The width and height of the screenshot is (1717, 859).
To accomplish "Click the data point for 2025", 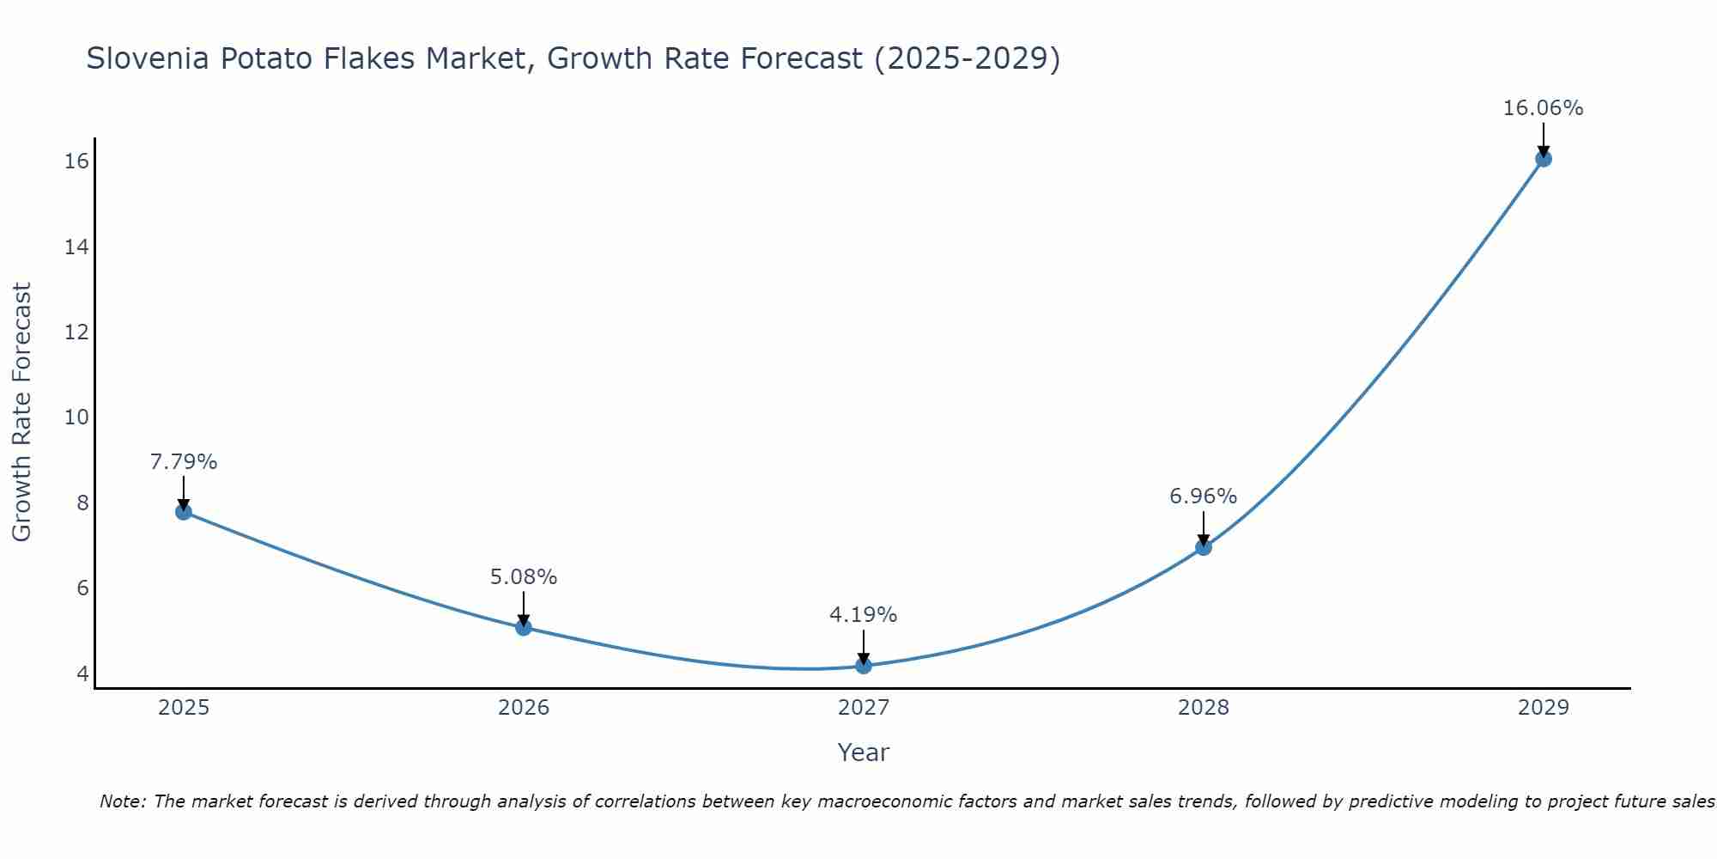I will pyautogui.click(x=183, y=512).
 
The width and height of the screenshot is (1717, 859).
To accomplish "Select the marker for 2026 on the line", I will pyautogui.click(x=524, y=628).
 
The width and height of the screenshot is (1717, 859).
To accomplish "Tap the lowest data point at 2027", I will pyautogui.click(x=864, y=666).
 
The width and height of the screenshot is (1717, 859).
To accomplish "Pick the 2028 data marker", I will pyautogui.click(x=1204, y=547).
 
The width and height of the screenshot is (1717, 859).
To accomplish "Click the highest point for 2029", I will pyautogui.click(x=1544, y=159).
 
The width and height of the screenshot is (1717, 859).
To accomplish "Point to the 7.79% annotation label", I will pyautogui.click(x=184, y=462).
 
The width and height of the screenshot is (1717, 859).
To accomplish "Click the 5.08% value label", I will pyautogui.click(x=524, y=577).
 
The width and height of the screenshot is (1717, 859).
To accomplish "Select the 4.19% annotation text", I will pyautogui.click(x=864, y=615).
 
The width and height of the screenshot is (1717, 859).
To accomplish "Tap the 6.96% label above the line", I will pyautogui.click(x=1204, y=497).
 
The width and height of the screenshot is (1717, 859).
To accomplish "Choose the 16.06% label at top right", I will pyautogui.click(x=1543, y=108).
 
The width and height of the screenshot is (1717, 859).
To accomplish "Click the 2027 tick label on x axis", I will pyautogui.click(x=864, y=708).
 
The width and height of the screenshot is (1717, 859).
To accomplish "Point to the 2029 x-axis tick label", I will pyautogui.click(x=1544, y=708).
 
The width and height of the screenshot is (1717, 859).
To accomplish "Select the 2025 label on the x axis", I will pyautogui.click(x=184, y=708).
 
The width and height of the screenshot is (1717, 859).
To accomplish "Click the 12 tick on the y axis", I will pyautogui.click(x=76, y=332).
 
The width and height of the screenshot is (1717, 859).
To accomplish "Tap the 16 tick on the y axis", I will pyautogui.click(x=76, y=161).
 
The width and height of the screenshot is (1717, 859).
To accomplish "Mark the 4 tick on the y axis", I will pyautogui.click(x=82, y=673).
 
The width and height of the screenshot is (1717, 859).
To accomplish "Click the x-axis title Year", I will pyautogui.click(x=864, y=752).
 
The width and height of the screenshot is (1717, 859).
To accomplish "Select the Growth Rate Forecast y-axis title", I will pyautogui.click(x=22, y=412).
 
